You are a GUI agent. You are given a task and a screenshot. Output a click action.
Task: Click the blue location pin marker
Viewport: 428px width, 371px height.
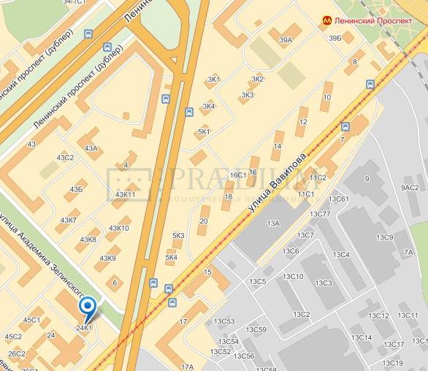(87, 307)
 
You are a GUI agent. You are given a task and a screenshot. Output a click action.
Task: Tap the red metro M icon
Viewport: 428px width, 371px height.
(325, 21)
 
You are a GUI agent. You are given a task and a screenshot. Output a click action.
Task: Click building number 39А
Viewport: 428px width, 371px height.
(286, 40)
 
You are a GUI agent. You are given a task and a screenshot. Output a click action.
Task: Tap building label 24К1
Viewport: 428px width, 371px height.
(84, 328)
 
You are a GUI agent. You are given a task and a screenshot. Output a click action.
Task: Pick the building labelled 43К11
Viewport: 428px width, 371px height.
(126, 194)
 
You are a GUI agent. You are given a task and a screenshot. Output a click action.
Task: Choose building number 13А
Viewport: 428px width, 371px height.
(274, 223)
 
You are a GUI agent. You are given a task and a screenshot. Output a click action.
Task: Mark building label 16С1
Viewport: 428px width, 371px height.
(238, 175)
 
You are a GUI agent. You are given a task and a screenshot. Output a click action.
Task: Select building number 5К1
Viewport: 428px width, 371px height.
(204, 131)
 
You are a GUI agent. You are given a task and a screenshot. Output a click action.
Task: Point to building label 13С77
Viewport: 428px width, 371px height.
(321, 214)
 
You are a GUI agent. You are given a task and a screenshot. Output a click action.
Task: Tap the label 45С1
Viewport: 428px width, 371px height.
(32, 320)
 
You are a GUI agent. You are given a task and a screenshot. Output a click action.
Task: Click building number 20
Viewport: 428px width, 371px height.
(204, 221)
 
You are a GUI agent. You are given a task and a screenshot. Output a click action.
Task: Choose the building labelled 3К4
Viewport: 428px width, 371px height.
(209, 107)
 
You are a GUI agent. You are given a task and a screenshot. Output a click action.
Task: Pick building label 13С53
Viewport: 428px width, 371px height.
(224, 321)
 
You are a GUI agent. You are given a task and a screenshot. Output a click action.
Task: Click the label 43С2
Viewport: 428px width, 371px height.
(66, 158)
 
